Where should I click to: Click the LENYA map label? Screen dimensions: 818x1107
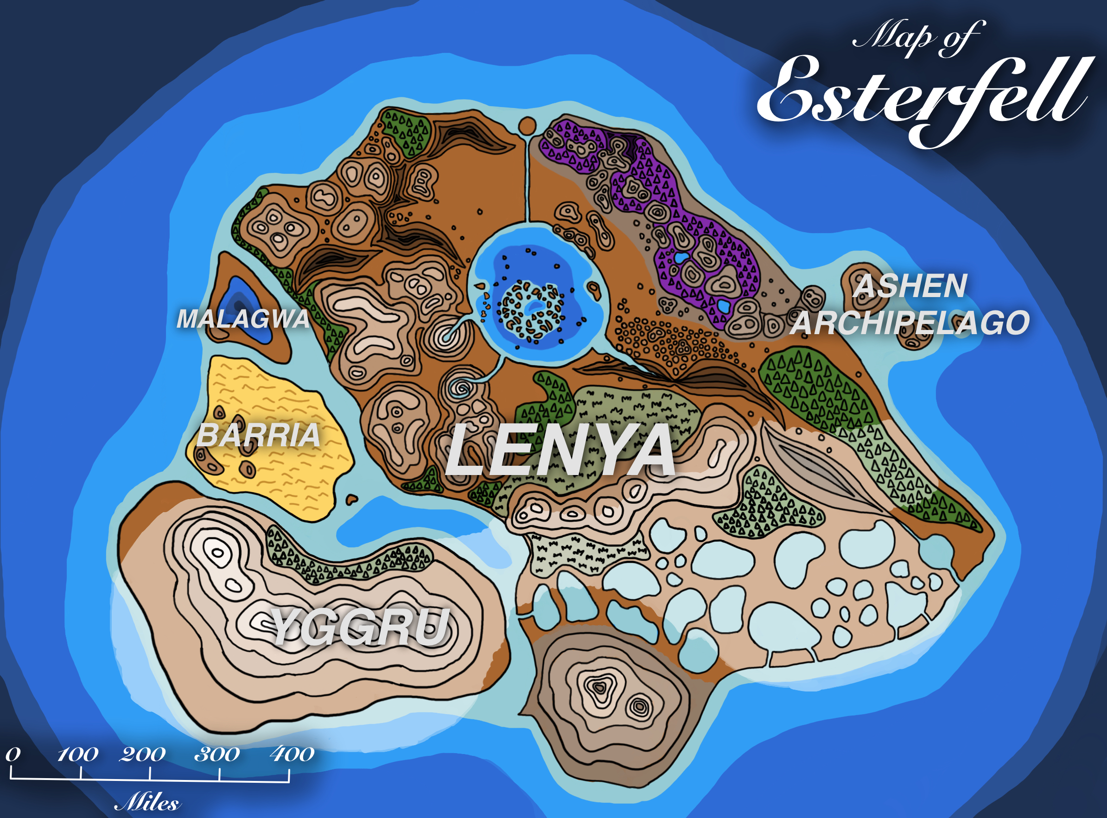click(560, 450)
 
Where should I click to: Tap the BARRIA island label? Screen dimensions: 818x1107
click(258, 435)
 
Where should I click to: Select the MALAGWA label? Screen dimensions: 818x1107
click(243, 319)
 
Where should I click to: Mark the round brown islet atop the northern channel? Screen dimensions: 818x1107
click(527, 126)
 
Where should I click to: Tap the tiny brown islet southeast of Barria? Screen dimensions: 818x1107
click(351, 499)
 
